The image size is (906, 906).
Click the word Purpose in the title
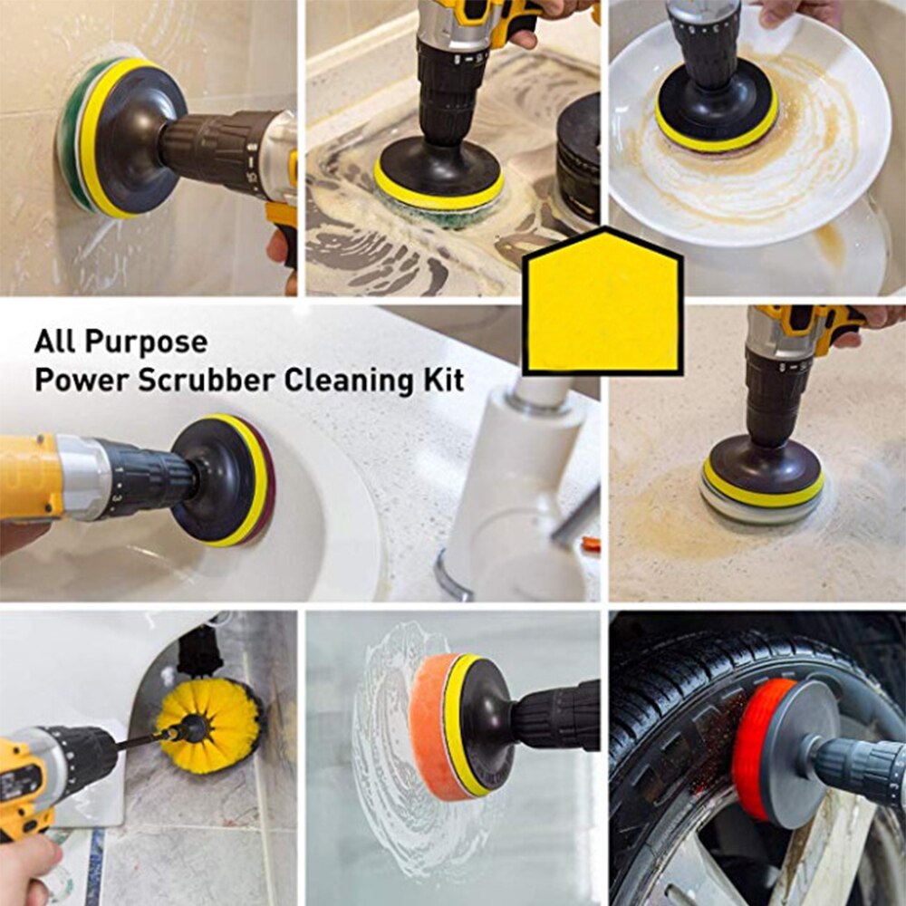(146, 343)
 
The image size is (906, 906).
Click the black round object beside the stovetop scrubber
(578, 159)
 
